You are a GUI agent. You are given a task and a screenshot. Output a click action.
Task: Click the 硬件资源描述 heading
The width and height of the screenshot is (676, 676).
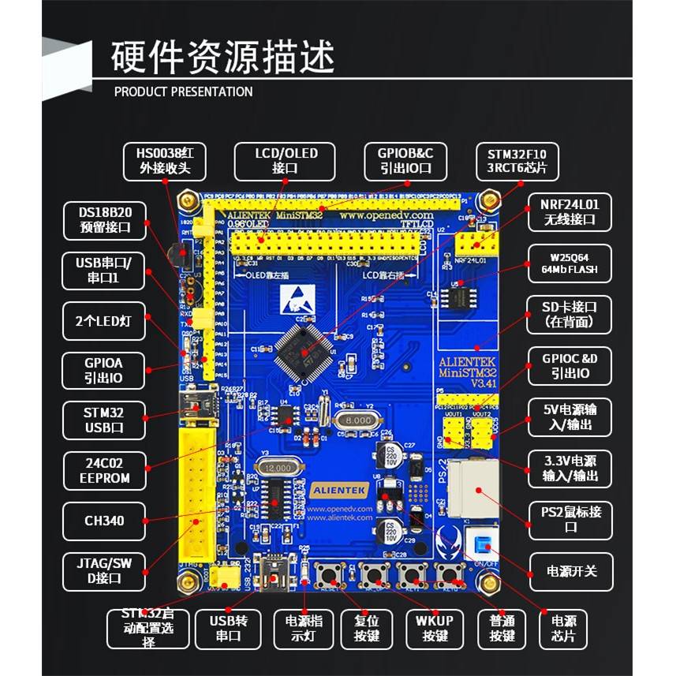click(224, 56)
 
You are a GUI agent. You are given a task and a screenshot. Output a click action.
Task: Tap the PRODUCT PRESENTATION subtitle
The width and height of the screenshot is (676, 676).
click(183, 92)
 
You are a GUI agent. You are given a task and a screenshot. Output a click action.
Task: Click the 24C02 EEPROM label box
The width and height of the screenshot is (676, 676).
click(104, 469)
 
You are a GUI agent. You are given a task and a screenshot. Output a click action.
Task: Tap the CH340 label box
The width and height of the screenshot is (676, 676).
click(104, 521)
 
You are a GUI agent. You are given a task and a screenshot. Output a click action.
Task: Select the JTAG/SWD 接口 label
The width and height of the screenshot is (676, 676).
click(104, 570)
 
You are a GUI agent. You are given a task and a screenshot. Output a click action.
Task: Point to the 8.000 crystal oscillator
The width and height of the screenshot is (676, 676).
click(357, 420)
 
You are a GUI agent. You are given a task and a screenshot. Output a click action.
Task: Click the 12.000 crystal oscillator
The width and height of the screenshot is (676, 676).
click(276, 468)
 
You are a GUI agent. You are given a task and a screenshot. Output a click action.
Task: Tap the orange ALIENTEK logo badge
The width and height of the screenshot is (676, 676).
click(339, 489)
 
